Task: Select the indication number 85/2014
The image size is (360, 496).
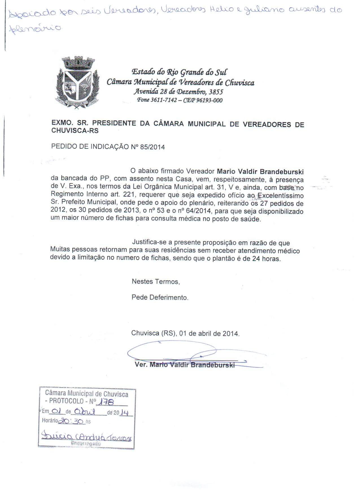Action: click(x=154, y=147)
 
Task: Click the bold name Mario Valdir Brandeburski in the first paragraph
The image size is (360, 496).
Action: click(x=260, y=171)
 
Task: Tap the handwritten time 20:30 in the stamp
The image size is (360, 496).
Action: click(x=71, y=421)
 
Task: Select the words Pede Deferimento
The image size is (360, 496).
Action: click(x=160, y=297)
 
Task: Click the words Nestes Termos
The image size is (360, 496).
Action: click(x=156, y=281)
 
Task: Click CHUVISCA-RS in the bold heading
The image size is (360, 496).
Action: click(x=75, y=131)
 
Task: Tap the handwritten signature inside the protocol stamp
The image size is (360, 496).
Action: click(x=86, y=437)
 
